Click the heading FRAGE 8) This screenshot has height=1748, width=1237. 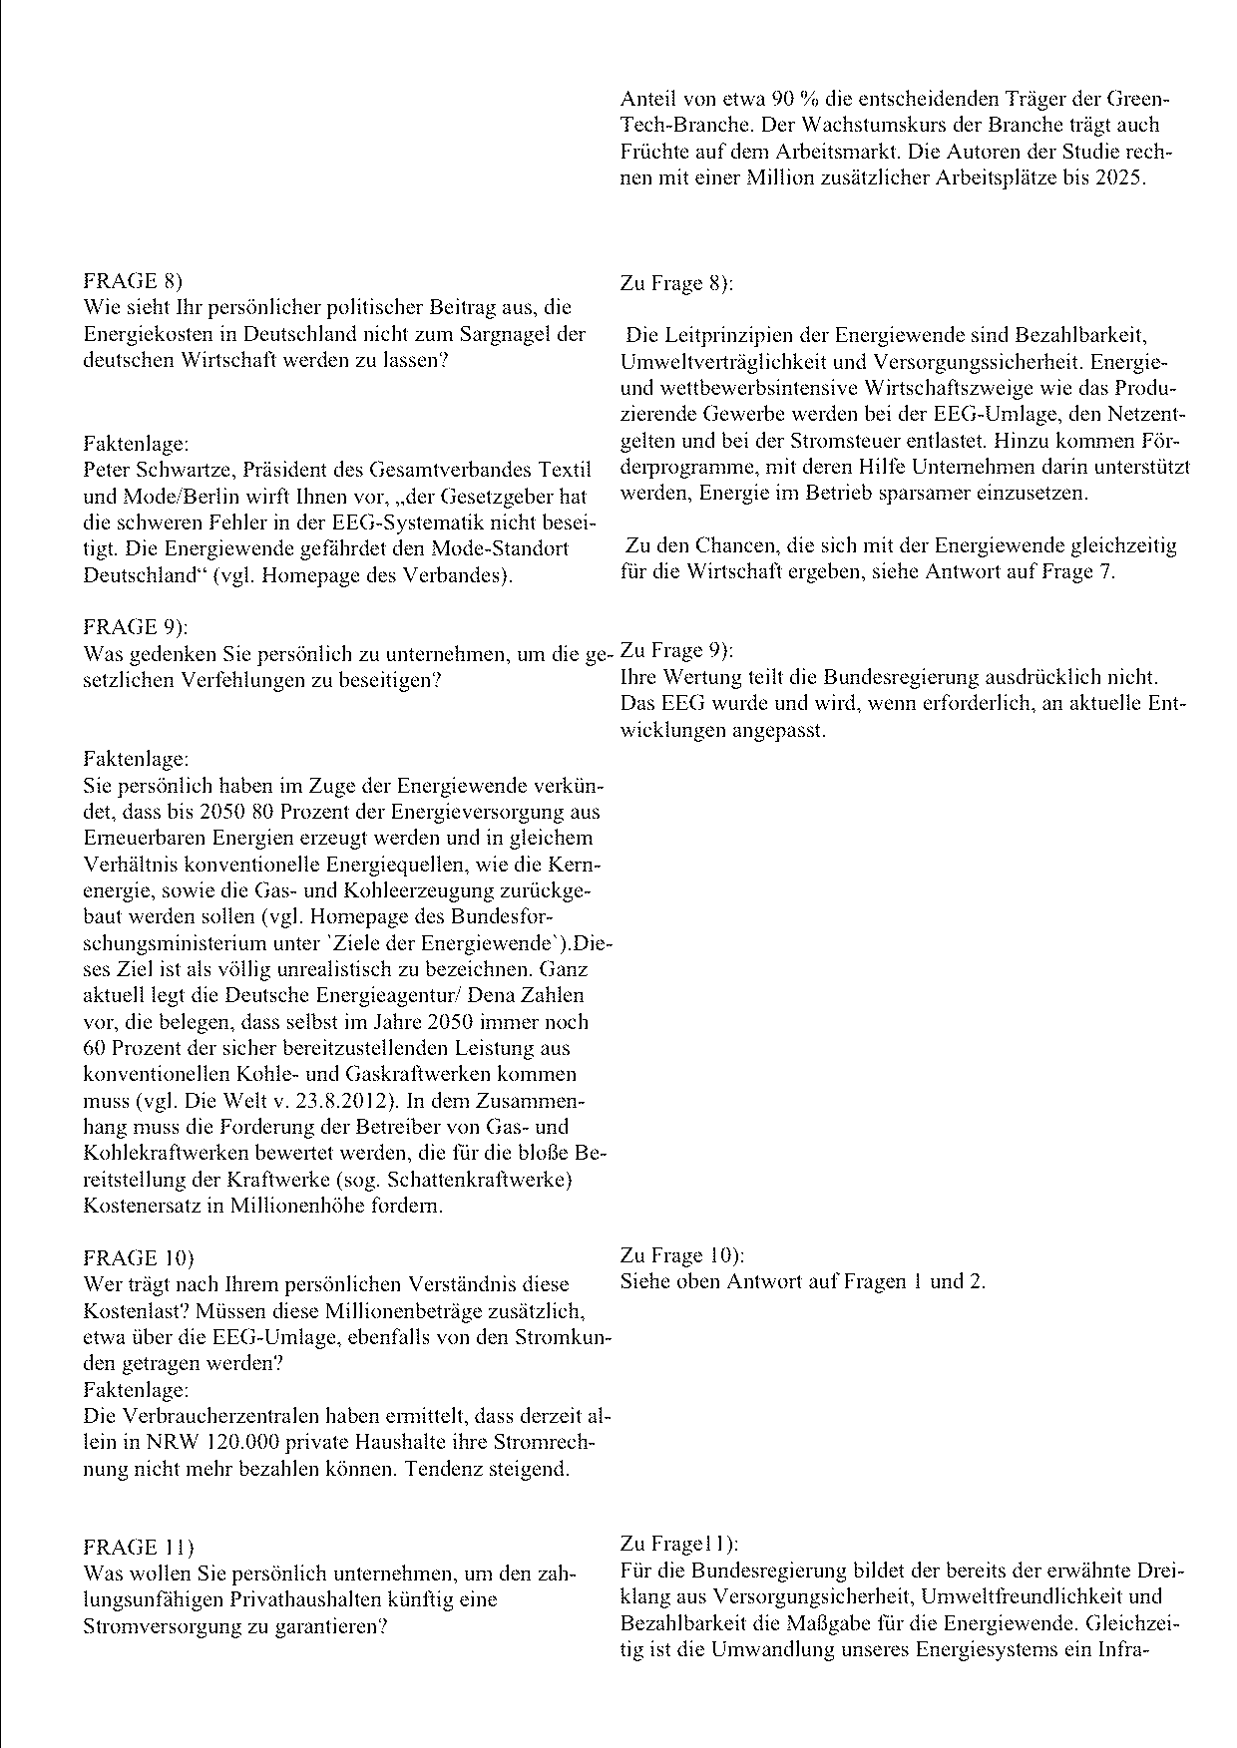pos(133,281)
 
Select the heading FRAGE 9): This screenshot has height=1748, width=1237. pos(136,627)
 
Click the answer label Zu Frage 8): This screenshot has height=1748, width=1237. pos(676,283)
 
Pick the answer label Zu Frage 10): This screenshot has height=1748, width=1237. pos(682,1255)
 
